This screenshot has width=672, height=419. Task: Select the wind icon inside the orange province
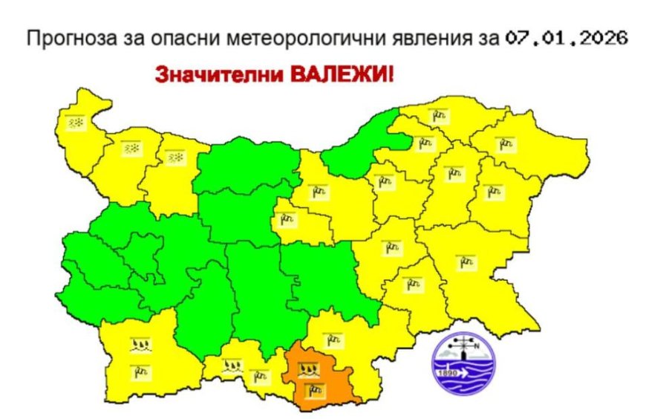[x=310, y=388]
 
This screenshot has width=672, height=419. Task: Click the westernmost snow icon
[x=76, y=122]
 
